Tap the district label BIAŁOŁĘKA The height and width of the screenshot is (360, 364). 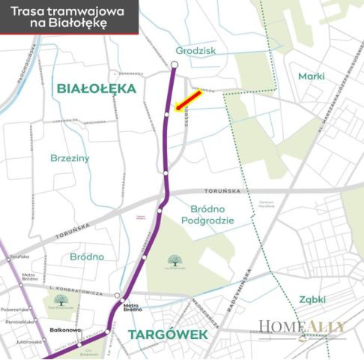click(x=96, y=88)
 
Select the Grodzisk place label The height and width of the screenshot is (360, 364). click(x=195, y=51)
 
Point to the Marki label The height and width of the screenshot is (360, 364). click(x=311, y=76)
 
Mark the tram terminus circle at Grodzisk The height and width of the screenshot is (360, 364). click(x=174, y=65)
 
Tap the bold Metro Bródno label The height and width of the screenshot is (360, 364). click(x=132, y=307)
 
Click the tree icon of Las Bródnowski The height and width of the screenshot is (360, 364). click(x=175, y=259)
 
